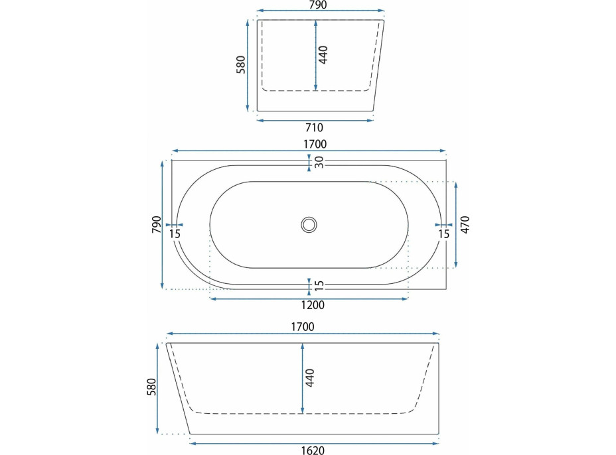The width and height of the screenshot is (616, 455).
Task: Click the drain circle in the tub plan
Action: click(x=309, y=225)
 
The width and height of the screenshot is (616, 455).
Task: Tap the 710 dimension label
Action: click(x=314, y=127)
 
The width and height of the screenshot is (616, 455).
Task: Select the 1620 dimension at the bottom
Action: click(x=313, y=450)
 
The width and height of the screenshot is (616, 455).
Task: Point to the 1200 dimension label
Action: click(x=313, y=305)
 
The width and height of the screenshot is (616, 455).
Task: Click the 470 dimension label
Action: click(x=465, y=225)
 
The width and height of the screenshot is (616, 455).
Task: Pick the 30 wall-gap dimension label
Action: click(x=319, y=162)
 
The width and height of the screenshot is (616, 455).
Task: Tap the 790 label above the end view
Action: click(x=318, y=5)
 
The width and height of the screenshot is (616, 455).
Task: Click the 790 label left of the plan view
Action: click(x=157, y=224)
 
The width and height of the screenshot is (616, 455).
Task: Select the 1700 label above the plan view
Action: click(x=315, y=144)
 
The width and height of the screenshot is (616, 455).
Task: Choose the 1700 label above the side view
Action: click(x=303, y=326)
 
